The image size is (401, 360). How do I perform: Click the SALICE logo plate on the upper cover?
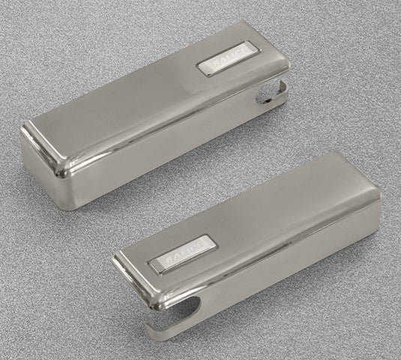coord(228,59)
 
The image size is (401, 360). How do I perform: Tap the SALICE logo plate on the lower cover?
coord(183,253)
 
